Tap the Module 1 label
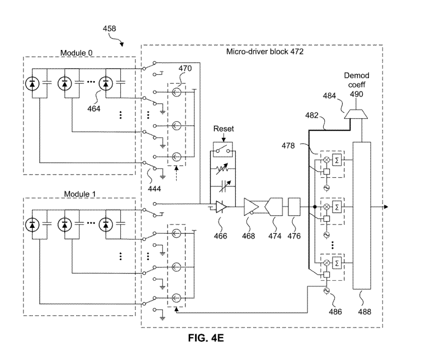pyautogui.click(x=79, y=194)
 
